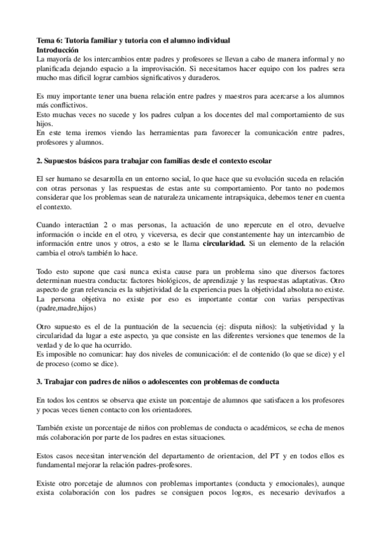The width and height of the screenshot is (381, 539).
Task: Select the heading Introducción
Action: tap(58, 49)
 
